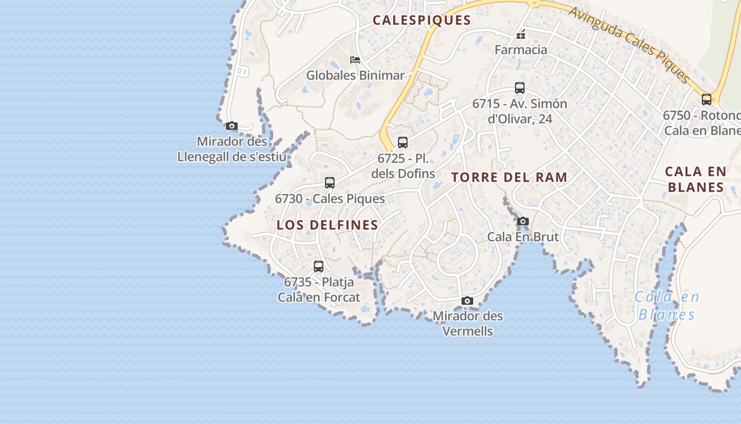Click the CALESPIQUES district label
coord(421,20)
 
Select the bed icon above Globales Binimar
coord(355,60)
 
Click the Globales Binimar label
coord(355,75)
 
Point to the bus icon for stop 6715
coord(520,88)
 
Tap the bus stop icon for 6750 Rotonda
coord(707,100)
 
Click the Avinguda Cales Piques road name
coord(629,45)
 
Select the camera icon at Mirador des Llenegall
coord(231,126)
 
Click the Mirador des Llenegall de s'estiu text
coord(232,149)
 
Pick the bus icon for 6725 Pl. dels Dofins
coord(403,143)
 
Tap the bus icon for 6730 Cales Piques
coord(330,183)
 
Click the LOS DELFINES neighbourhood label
coord(327,225)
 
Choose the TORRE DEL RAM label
coord(510,178)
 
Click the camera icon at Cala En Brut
coord(523,222)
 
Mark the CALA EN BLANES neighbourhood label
coord(695,179)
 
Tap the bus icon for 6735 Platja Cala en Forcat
coord(319,267)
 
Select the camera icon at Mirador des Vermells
coord(467,301)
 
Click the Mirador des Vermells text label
coord(468,324)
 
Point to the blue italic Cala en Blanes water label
coord(667,306)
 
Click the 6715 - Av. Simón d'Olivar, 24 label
coord(520,111)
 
